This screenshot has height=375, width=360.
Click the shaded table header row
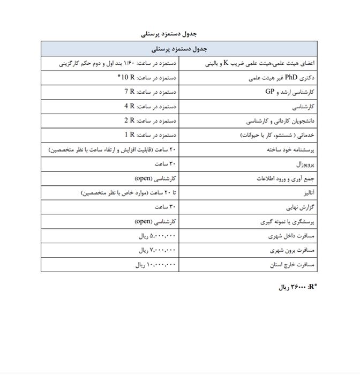click(x=179, y=49)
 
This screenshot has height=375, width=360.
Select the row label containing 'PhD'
click(x=282, y=78)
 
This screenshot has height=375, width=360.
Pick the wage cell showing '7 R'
click(x=152, y=92)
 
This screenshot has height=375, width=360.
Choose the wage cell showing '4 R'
click(x=152, y=106)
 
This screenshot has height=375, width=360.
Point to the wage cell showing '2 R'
click(x=152, y=120)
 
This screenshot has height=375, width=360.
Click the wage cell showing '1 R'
click(x=152, y=134)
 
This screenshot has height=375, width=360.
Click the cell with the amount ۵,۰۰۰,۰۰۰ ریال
click(x=157, y=236)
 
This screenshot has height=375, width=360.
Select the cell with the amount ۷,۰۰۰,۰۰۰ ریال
click(x=157, y=250)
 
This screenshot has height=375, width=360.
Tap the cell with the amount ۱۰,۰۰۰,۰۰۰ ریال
click(x=155, y=265)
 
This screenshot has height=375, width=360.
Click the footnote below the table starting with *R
click(x=298, y=287)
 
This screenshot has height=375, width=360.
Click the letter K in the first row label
click(x=227, y=63)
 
